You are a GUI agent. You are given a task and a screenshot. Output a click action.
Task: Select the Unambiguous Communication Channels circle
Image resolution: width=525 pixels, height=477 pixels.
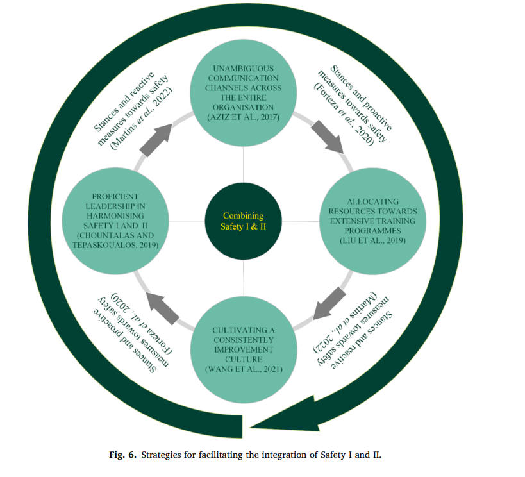[x=244, y=92]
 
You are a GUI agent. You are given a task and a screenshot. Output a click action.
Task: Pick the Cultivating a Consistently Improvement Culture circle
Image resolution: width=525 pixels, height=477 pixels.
[x=244, y=350]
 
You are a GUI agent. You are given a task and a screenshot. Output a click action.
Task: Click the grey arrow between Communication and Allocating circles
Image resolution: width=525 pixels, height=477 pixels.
[x=327, y=136]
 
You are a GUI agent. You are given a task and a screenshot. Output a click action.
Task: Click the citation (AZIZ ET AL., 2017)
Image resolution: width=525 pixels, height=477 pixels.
[x=244, y=117]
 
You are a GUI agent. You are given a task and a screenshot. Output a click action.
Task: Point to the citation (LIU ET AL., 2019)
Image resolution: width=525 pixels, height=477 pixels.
[x=372, y=241]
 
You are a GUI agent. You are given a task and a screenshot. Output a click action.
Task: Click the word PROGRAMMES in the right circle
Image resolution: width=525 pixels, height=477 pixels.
[x=372, y=230]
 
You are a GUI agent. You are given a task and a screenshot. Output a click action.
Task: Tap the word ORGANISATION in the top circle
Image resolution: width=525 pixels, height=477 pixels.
[x=244, y=107]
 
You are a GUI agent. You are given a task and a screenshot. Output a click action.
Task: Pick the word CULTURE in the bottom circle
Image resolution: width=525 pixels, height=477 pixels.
[x=244, y=359]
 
